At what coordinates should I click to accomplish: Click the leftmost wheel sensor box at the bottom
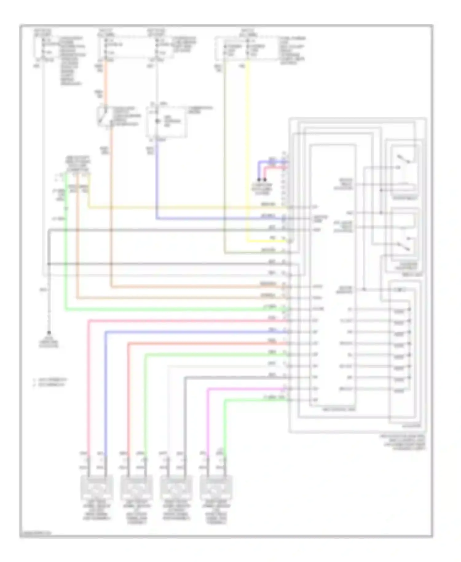(x=97, y=488)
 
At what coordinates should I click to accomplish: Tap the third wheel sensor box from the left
(x=176, y=488)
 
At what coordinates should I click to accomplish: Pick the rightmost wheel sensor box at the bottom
(x=216, y=488)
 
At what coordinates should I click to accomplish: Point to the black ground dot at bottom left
(x=49, y=333)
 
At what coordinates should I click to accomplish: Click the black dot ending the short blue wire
(x=259, y=180)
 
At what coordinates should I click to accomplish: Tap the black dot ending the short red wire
(x=265, y=180)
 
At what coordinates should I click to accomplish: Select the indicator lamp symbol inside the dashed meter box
(x=158, y=122)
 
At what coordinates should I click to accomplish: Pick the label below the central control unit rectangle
(x=338, y=410)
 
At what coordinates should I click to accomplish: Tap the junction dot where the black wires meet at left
(x=49, y=264)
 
